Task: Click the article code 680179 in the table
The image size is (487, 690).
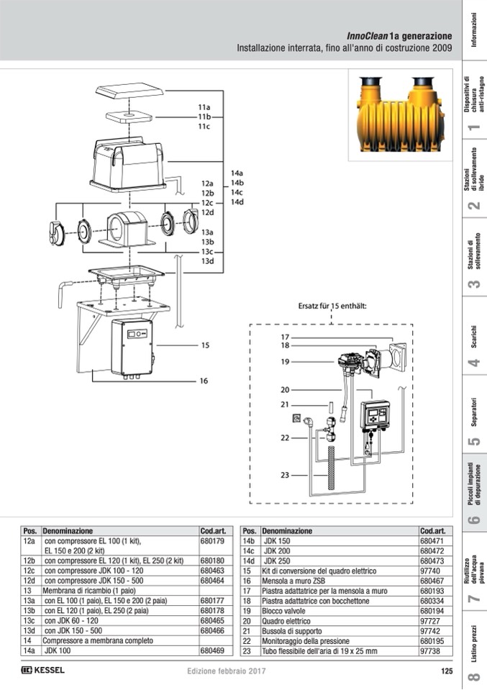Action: [212, 541]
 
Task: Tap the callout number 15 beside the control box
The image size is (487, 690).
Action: [205, 345]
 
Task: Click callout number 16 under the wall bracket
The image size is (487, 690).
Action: [204, 381]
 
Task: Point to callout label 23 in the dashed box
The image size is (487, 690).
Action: [285, 476]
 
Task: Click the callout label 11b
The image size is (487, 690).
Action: [204, 117]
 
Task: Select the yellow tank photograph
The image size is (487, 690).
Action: [401, 115]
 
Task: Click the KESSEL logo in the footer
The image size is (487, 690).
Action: [42, 670]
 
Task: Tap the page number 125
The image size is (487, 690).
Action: [447, 671]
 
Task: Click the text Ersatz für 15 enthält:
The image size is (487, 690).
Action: [332, 307]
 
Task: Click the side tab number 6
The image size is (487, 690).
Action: [473, 519]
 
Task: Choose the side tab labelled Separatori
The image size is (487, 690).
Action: [474, 412]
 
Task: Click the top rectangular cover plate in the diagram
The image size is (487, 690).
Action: [129, 91]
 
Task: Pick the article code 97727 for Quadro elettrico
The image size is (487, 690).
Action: [429, 622]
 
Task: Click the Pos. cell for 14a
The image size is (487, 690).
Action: [29, 651]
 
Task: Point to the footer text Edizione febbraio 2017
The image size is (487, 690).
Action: [226, 671]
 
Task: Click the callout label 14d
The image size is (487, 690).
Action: [237, 202]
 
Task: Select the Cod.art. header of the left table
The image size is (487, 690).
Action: [213, 531]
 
